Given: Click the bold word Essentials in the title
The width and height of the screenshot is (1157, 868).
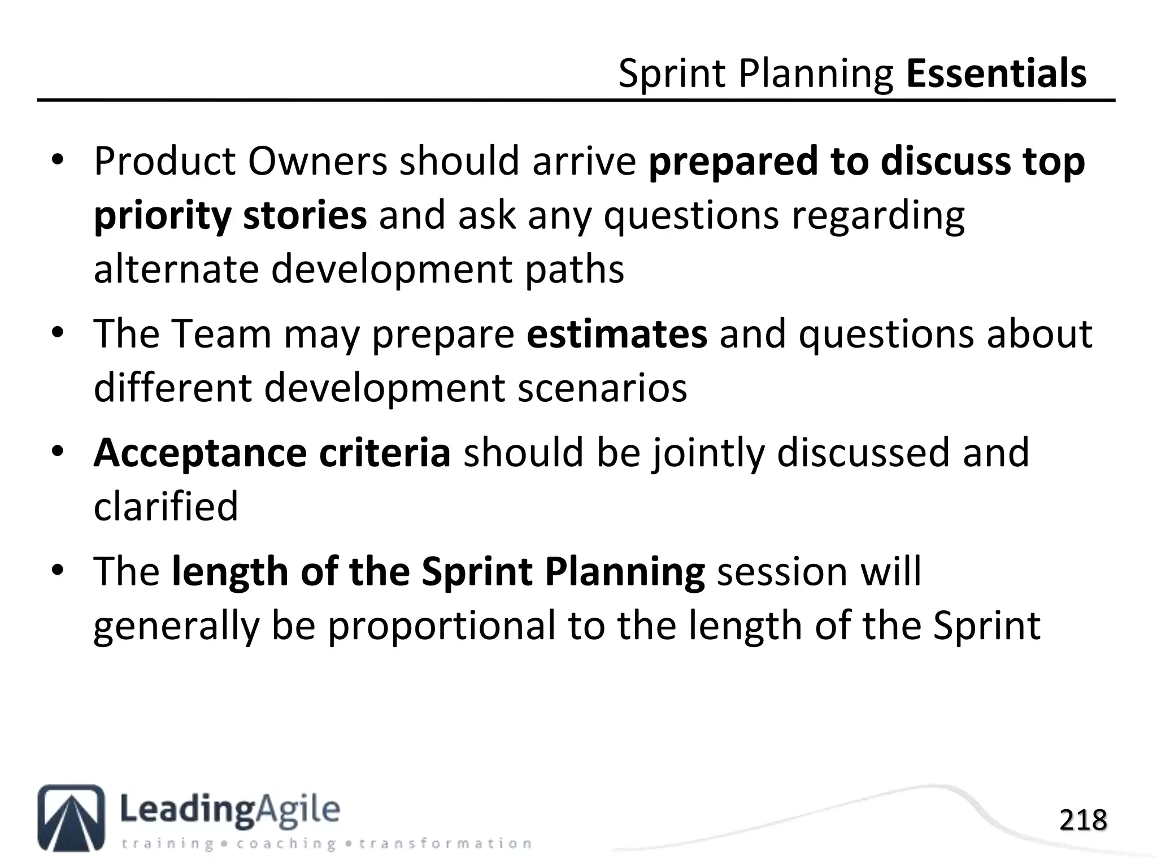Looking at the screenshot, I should [x=996, y=73].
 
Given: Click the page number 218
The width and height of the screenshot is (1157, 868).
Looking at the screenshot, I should [x=1082, y=821].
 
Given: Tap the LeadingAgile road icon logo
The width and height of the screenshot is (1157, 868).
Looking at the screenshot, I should [x=71, y=817].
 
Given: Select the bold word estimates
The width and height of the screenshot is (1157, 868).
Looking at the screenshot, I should [x=616, y=333].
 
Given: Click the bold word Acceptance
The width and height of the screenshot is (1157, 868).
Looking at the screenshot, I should [x=200, y=453].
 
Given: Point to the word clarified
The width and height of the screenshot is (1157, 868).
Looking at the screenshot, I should [x=166, y=506].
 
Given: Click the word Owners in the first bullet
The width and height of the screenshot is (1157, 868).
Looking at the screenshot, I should [x=317, y=161].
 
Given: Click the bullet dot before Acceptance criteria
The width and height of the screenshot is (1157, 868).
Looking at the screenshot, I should [x=58, y=453].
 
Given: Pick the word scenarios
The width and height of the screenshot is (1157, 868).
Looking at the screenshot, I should [x=602, y=388].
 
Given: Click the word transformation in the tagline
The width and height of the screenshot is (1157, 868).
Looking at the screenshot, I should [x=445, y=844].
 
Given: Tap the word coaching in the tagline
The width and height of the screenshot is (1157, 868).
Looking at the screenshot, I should [x=286, y=844].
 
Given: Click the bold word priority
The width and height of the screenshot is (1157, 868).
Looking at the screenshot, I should [x=162, y=216].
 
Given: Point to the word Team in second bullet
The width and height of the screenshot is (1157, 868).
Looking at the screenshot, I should [x=221, y=333].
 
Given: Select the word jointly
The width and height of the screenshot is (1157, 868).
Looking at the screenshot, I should [x=709, y=453].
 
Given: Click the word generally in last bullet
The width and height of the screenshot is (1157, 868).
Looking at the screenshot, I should [x=176, y=626].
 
